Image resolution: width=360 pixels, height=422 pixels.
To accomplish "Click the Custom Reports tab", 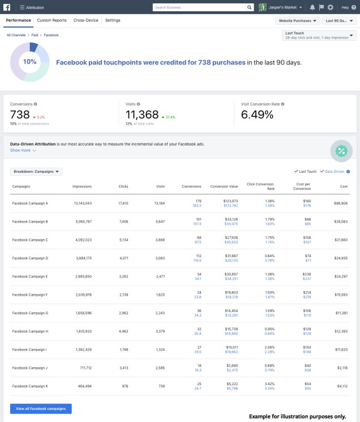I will coord(52,20).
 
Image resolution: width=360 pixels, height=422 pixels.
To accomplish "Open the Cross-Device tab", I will coord(85,20).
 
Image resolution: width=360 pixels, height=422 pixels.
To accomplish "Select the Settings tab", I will coord(112,20).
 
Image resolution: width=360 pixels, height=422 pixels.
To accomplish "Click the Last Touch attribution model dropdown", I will coord(319,35).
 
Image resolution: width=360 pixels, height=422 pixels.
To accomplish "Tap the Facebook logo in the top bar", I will coord(7,7).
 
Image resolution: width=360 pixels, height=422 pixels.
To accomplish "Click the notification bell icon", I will coord(312,7).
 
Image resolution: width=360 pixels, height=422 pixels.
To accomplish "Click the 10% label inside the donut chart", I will coord(29,62).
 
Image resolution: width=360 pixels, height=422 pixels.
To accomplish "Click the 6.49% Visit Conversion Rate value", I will coord(257,115).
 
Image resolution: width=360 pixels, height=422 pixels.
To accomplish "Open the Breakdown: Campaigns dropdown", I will coord(36,171).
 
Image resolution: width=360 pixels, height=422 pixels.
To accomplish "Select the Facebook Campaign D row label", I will coord(30,258).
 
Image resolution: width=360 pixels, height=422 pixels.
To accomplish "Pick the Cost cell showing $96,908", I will coord(340,203).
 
